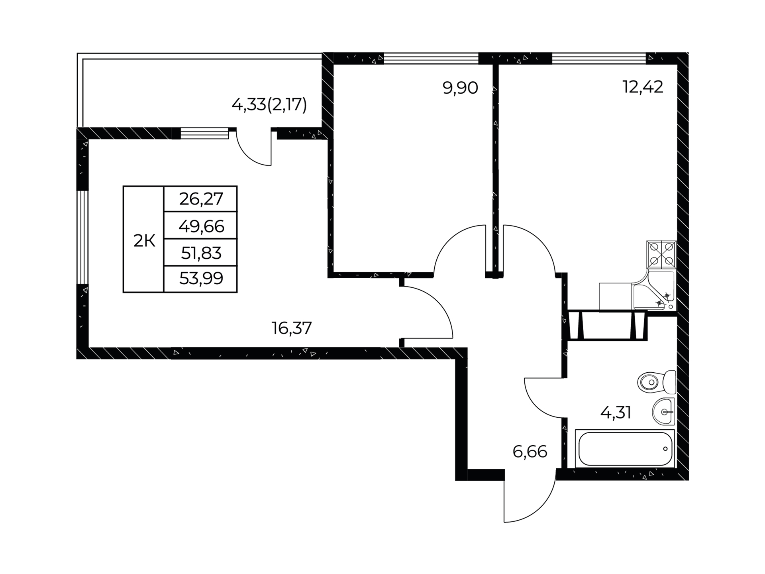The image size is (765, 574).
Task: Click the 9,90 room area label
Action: point(460,88)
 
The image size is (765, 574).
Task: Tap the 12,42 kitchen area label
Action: point(643,87)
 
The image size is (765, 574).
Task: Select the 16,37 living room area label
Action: point(292,328)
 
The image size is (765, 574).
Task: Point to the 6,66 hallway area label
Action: point(530,452)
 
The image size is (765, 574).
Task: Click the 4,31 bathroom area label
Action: point(616,413)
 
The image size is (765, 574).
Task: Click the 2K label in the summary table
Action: point(144,241)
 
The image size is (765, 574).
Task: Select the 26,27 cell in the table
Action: point(201,199)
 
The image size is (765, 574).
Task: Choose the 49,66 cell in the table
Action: point(201,226)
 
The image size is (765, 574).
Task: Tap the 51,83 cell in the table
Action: point(201,253)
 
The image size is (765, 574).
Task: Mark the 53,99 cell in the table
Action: point(201,279)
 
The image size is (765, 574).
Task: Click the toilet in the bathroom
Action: point(657,382)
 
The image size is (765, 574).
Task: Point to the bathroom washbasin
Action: point(663,411)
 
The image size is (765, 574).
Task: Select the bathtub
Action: point(625,448)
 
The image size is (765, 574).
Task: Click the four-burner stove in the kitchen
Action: point(661,254)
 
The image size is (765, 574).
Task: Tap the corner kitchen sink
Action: point(653,290)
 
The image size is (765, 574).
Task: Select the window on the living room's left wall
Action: point(82,237)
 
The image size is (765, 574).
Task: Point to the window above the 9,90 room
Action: point(431,59)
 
